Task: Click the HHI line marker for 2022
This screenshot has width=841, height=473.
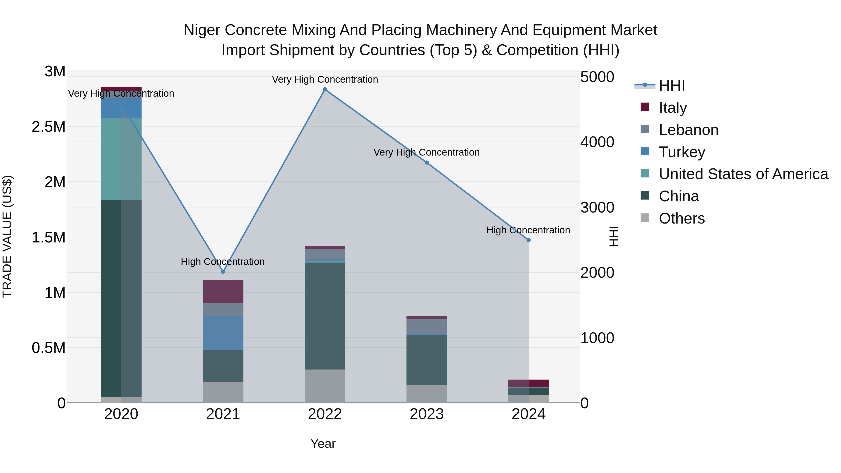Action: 325,89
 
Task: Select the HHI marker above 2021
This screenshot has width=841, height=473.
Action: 223,272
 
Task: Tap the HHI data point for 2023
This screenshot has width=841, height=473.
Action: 427,163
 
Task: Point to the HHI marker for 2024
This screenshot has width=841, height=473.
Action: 529,240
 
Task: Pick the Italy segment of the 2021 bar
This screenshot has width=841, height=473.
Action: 223,292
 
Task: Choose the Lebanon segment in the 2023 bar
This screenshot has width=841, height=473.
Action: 427,327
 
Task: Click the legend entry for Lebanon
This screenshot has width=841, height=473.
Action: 688,130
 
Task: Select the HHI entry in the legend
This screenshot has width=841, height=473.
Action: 671,85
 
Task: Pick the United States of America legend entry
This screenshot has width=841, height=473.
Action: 743,174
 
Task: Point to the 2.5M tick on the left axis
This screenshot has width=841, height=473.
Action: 49,127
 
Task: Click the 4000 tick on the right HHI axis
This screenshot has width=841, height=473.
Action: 597,142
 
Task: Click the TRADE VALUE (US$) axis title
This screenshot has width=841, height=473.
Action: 7,236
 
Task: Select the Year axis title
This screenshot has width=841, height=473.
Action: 323,444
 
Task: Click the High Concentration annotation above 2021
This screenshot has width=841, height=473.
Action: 223,261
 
